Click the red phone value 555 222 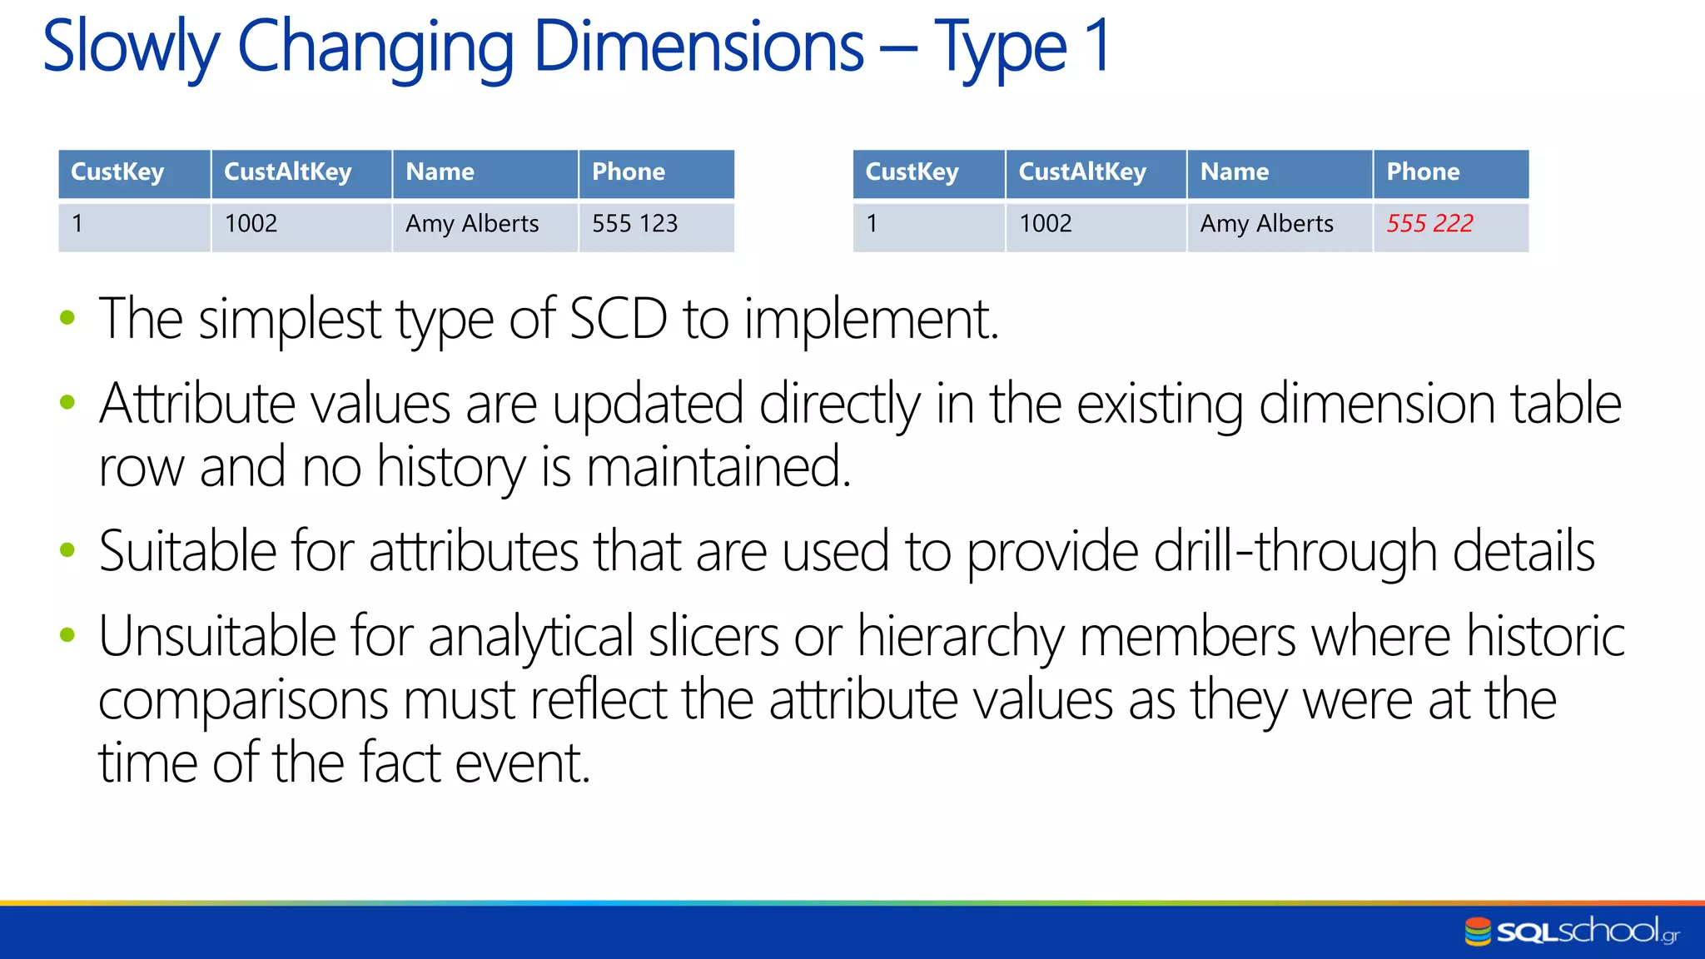pos(1429,224)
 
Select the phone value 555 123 pos(634,224)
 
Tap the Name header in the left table pos(440,172)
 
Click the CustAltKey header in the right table pos(1082,172)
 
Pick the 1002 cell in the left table pos(251,224)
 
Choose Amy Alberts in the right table pos(1266,224)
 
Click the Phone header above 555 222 pos(1423,172)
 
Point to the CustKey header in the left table pos(117,172)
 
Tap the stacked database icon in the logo pos(1478,932)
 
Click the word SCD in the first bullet pos(618,319)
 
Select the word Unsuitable pos(216,637)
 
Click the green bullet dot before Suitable pos(67,550)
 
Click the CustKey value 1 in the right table pos(872,224)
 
